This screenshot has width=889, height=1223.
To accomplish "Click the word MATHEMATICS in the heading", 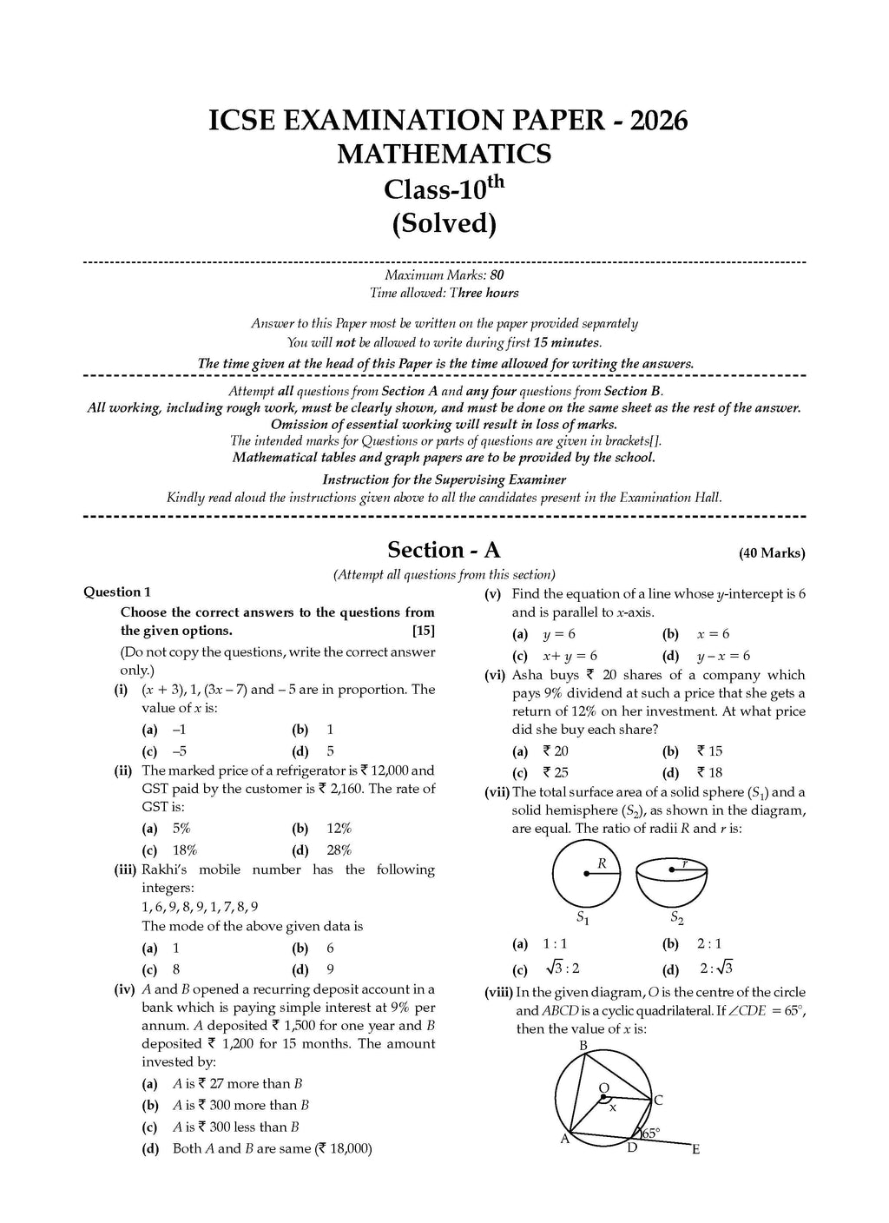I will tap(444, 154).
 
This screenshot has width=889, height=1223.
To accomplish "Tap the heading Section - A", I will tap(444, 550).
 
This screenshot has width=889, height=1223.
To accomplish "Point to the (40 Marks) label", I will tap(772, 553).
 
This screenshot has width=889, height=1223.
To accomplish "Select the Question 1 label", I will tap(117, 592).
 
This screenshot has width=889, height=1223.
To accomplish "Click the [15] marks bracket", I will tap(424, 631).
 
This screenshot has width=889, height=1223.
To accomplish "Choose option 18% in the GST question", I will tap(185, 850).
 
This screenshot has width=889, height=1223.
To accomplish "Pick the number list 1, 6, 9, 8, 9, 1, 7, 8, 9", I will tap(200, 907).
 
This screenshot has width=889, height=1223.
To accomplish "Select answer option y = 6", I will tap(558, 634).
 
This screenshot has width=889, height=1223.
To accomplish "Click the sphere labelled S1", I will tap(585, 874).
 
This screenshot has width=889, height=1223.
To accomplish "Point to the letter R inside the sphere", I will tap(601, 863).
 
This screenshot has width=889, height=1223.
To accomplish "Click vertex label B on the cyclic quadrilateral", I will tap(583, 1045).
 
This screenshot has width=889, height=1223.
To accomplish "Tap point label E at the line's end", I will tap(695, 1150).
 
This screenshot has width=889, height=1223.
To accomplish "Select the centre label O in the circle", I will tap(604, 1088).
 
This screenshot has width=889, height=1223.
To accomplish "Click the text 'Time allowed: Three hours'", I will tap(444, 293).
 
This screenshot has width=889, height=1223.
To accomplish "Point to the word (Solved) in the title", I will tap(444, 223).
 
